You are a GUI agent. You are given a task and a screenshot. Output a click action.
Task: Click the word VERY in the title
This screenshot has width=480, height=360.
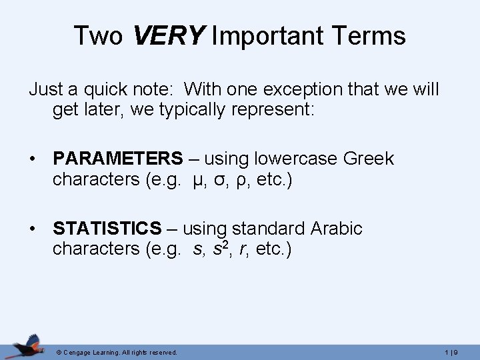pos(169,35)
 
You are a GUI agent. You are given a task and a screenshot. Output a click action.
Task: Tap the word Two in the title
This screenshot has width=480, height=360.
pos(98,35)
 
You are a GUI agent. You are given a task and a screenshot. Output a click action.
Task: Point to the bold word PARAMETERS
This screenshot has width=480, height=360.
pos(117,159)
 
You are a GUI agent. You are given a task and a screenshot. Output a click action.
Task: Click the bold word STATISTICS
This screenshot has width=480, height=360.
pos(107,229)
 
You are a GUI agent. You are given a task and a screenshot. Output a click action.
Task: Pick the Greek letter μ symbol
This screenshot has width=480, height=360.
pos(194,180)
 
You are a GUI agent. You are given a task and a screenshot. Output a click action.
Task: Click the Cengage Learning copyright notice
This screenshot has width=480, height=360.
pos(117,352)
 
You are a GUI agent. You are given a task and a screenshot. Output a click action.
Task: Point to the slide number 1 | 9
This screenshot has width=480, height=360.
pos(459,352)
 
